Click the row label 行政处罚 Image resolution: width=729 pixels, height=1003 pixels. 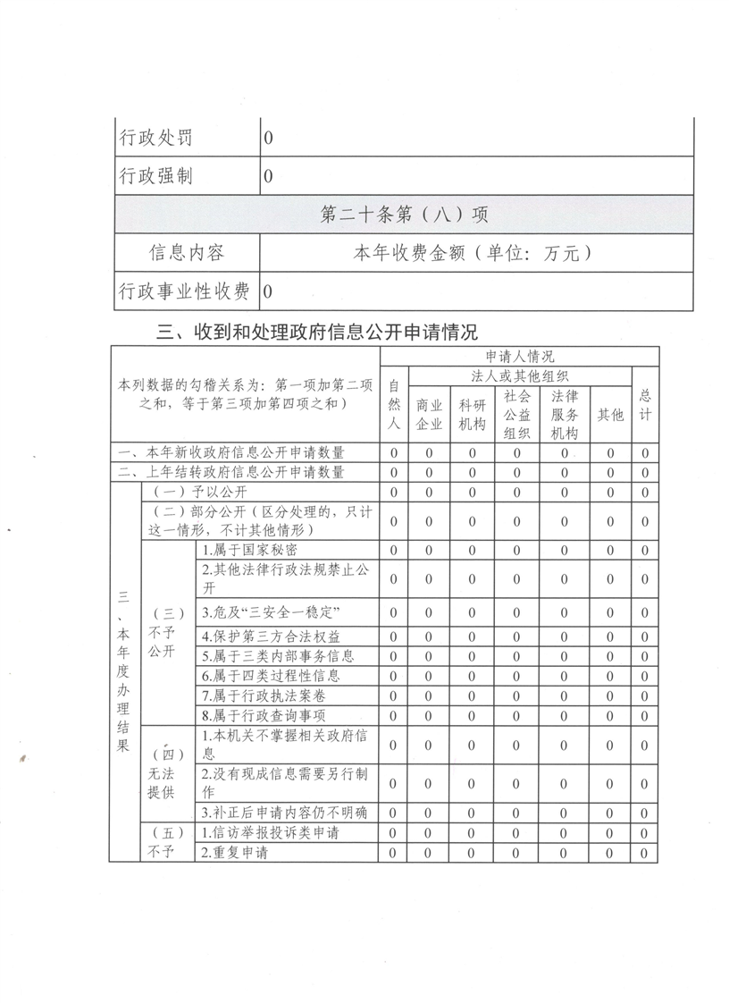(x=156, y=139)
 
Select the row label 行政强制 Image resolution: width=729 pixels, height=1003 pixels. (x=156, y=176)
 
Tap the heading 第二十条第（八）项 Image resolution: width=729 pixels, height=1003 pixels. (x=404, y=215)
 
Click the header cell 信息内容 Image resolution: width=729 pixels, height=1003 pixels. (x=187, y=253)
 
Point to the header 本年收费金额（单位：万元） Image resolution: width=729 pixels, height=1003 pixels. (x=473, y=253)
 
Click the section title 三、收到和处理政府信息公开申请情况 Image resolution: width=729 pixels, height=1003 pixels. (x=317, y=333)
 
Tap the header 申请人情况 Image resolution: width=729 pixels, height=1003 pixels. (x=519, y=357)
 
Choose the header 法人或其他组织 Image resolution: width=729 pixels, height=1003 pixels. (x=520, y=375)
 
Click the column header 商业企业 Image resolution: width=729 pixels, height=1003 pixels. (x=429, y=415)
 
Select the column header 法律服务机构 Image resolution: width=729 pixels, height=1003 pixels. (x=564, y=414)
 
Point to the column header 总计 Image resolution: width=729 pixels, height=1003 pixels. (x=644, y=405)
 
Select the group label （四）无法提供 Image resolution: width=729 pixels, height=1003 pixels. (x=162, y=771)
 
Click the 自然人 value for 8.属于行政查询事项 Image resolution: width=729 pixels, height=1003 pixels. (x=394, y=715)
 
